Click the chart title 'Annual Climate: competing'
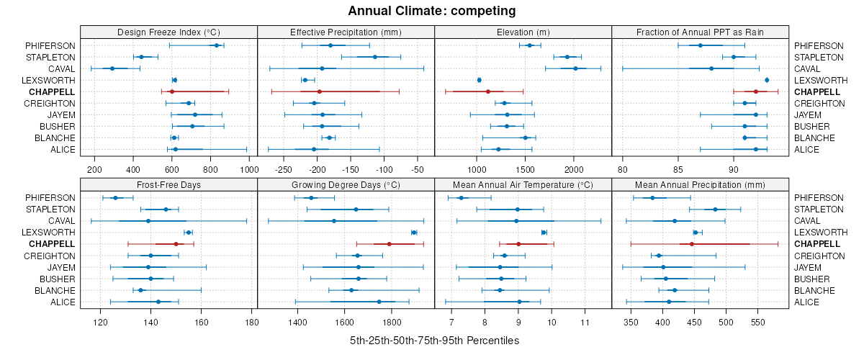431,11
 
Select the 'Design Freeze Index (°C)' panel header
168,32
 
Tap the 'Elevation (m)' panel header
523,32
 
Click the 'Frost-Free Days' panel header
168,184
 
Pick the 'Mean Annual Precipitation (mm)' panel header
700,184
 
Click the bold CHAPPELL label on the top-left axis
52,91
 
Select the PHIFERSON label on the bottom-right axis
816,198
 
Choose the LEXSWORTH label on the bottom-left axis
48,233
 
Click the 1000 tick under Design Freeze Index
248,169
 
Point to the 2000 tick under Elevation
573,169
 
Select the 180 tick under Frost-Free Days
251,322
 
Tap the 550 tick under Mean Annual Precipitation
757,322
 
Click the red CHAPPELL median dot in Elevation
488,91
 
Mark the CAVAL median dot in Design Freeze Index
112,68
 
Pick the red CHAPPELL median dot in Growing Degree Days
389,244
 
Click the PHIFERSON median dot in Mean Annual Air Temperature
462,198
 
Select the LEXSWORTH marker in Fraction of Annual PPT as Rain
767,80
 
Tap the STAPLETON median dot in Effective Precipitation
375,57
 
